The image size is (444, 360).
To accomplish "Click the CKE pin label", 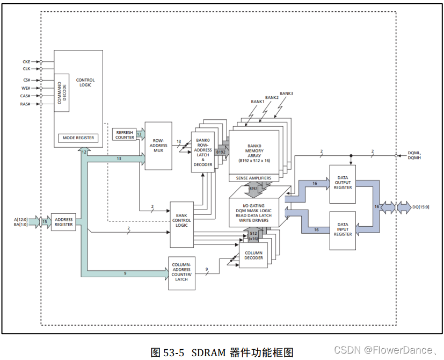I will click(26, 62).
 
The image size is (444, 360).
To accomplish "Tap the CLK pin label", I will click(26, 69).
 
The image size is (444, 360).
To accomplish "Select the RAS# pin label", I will click(25, 104).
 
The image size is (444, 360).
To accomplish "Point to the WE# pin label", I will click(26, 88).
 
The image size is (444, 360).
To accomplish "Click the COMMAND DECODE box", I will click(62, 92).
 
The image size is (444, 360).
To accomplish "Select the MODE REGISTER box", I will click(78, 138).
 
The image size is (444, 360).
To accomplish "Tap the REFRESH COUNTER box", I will click(125, 135).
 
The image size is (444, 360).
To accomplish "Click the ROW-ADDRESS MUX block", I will click(158, 146).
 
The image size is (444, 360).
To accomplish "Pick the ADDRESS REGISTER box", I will click(63, 222).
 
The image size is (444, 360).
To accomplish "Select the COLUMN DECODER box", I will click(253, 255).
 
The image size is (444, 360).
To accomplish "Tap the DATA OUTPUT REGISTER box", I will click(343, 184).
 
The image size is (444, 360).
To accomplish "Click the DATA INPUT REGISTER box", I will click(343, 231).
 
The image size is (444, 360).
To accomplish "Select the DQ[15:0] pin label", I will click(420, 207).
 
